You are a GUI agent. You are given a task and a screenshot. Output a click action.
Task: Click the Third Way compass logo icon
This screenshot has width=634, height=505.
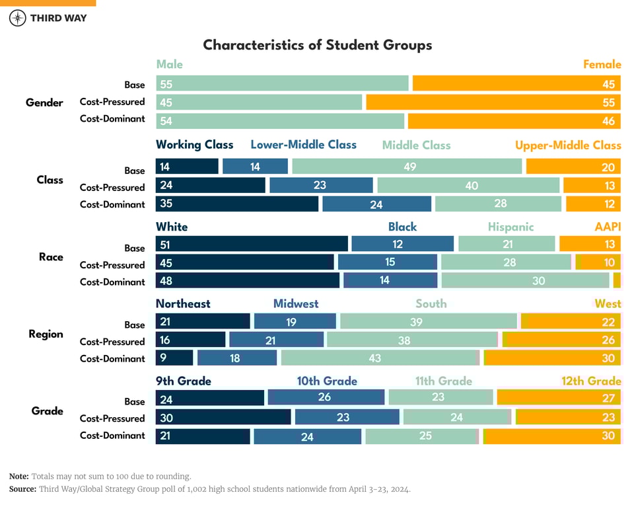[x=18, y=18]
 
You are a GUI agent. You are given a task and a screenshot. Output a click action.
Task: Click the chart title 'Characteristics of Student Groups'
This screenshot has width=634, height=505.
[x=317, y=45]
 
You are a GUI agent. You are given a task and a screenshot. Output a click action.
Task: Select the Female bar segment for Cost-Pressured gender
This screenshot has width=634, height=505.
[x=493, y=102]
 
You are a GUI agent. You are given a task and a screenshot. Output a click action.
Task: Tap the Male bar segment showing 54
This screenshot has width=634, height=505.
[x=280, y=121]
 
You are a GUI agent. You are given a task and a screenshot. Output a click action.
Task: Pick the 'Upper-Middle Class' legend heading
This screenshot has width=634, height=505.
[x=568, y=145]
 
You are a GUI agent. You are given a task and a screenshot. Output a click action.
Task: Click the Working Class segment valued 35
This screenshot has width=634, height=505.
[x=236, y=204]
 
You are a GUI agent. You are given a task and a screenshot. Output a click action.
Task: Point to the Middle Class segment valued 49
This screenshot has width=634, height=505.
[x=407, y=167]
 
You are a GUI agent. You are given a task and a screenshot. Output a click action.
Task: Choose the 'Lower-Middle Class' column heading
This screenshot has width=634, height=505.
[x=303, y=145]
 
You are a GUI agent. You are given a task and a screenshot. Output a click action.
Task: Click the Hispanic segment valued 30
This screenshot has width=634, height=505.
[x=525, y=280]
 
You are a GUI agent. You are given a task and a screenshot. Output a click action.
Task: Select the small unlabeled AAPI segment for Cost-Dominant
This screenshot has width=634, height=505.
[x=617, y=280]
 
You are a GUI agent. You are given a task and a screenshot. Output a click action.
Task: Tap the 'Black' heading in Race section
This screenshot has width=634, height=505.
[x=402, y=227]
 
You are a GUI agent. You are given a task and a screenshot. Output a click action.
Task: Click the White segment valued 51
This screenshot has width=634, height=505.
[x=252, y=244]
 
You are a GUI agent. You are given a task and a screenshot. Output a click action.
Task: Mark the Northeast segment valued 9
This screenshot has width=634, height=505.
[x=174, y=358]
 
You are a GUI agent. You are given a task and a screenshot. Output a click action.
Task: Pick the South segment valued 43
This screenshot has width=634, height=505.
[x=379, y=358]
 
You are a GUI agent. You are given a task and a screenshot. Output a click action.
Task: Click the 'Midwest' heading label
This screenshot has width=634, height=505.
[x=296, y=304]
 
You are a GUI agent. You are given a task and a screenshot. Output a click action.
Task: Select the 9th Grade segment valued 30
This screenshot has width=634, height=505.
[x=223, y=417]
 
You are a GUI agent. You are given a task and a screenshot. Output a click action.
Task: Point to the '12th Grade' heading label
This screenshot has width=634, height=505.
[x=591, y=381]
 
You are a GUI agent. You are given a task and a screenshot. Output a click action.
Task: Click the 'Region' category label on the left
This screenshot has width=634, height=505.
[x=46, y=334]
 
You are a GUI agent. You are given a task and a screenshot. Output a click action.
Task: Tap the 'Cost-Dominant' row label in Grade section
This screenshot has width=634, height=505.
[x=112, y=436]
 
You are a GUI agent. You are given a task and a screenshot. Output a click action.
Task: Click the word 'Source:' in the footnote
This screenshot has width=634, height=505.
[x=22, y=489]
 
